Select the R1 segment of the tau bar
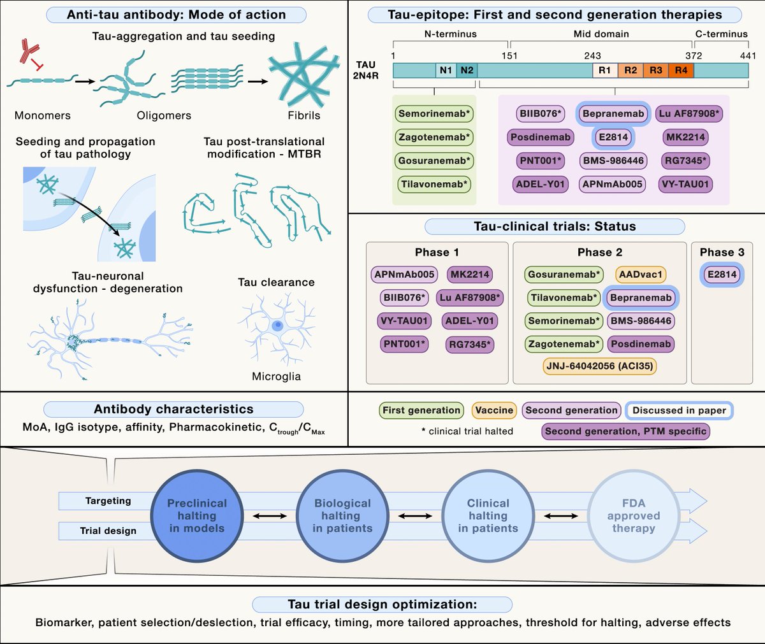tap(605, 70)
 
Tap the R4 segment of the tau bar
tap(681, 70)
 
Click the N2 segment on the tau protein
tap(467, 70)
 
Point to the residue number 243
tap(592, 55)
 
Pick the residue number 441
tap(748, 55)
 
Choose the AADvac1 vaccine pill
tap(641, 275)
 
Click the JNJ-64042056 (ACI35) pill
tap(600, 366)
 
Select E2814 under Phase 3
tap(722, 275)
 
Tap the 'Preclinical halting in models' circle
tap(197, 516)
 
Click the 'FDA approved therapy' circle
tap(634, 516)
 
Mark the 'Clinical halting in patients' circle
tap(488, 516)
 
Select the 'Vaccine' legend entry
tap(494, 410)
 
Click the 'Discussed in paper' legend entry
tap(680, 410)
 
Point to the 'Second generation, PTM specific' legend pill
tap(625, 431)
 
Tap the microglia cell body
tap(277, 325)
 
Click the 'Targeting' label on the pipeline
tap(108, 501)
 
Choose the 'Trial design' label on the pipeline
tap(108, 531)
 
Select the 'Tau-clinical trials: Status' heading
tap(555, 226)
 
